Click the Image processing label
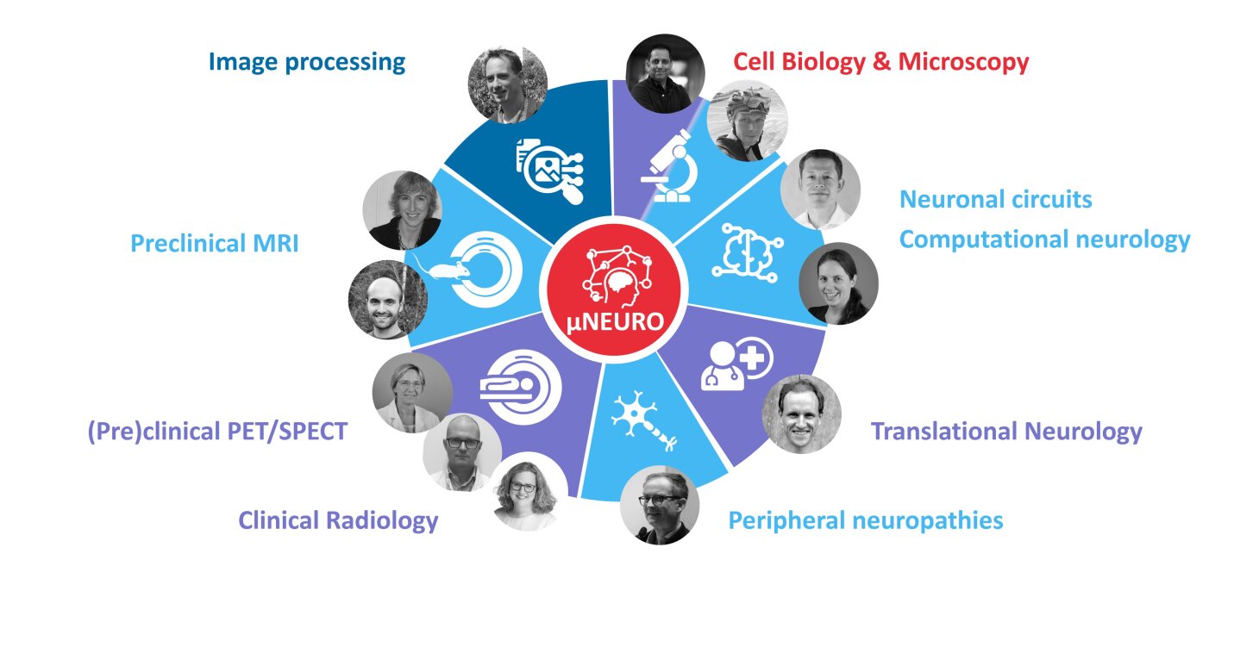pos(307,62)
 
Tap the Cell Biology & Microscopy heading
pos(880,62)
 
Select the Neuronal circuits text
pos(995,200)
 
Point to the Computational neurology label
pos(1044,239)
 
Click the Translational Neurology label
pos(1006,431)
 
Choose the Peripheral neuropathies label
pos(865,520)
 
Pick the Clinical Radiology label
pos(338,520)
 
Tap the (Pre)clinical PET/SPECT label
pos(217,431)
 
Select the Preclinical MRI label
pos(214,244)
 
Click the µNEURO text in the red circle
pos(616,322)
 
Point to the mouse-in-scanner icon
pos(470,268)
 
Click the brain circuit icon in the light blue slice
pos(745,251)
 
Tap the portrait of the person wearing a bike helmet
pos(747,121)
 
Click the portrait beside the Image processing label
pos(507,84)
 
